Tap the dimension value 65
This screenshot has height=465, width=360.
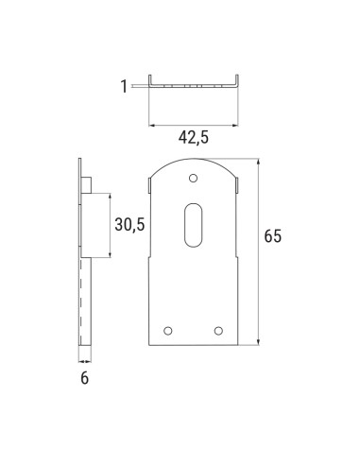click(272, 236)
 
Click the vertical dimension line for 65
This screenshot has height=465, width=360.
click(256, 250)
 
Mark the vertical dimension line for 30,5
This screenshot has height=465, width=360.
click(111, 224)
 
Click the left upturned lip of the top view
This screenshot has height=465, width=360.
click(150, 80)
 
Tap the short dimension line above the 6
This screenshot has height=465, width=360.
click(85, 359)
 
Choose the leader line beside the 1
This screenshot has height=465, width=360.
click(140, 86)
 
